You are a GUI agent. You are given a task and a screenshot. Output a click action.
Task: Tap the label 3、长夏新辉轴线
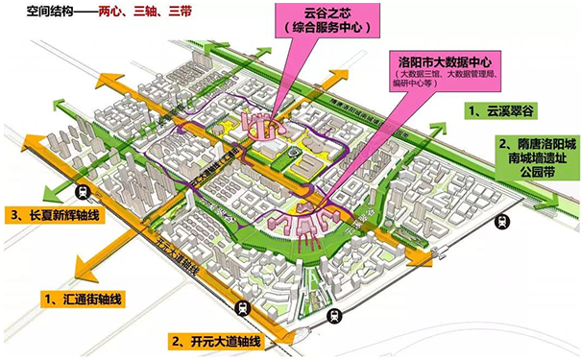[58, 211]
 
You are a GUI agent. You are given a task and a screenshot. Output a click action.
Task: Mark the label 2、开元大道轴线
[215, 340]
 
